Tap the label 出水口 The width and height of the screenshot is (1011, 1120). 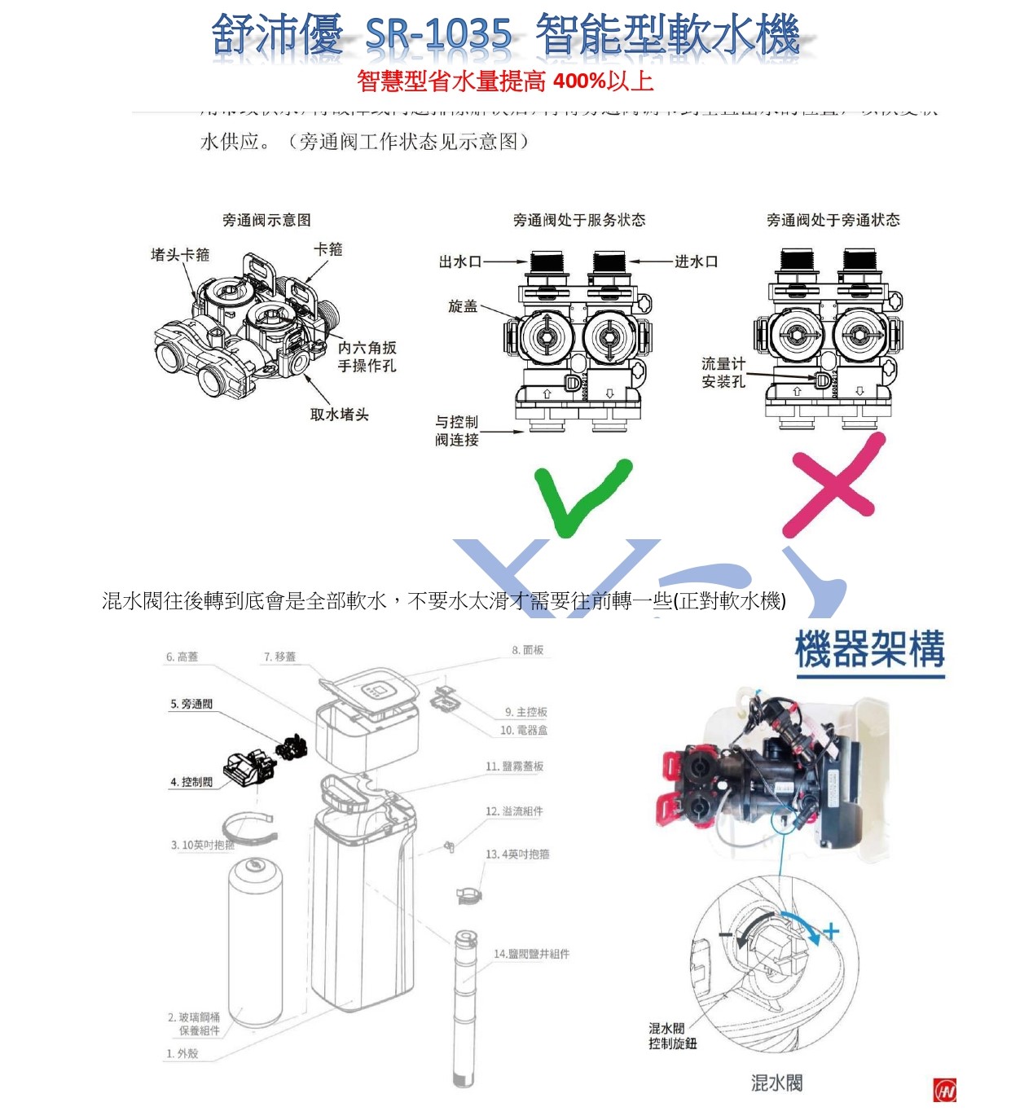[459, 261]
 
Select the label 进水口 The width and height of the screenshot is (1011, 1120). [696, 261]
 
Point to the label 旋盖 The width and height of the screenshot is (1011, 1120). [463, 306]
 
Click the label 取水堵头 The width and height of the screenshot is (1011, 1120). [339, 415]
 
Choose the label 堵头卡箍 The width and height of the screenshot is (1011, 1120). [180, 255]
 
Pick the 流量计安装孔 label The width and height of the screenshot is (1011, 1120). [723, 372]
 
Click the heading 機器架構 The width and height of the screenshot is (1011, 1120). [869, 650]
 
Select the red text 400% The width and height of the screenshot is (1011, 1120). [579, 81]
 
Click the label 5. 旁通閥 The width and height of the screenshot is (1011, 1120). [191, 704]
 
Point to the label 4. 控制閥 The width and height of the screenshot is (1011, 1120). [191, 782]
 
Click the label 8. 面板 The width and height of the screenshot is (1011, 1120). [527, 650]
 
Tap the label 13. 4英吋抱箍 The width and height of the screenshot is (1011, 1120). [517, 854]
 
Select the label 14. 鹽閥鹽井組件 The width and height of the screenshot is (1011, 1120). [531, 954]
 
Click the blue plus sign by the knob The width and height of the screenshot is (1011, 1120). [830, 930]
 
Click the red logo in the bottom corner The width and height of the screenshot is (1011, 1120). [944, 1090]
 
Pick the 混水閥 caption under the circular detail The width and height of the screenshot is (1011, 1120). [776, 1083]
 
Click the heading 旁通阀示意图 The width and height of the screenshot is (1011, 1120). [266, 220]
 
